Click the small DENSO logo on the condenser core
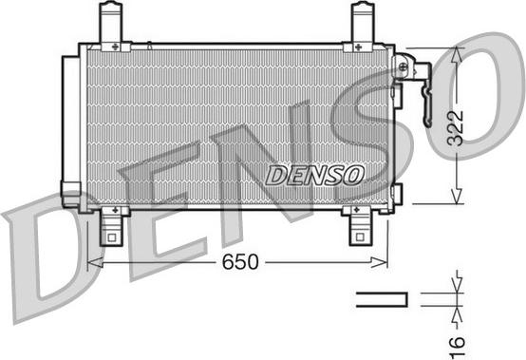(314, 174)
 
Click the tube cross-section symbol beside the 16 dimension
(381, 299)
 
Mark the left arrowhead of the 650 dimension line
(92, 262)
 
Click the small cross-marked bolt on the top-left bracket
(115, 45)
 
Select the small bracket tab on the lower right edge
(396, 194)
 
